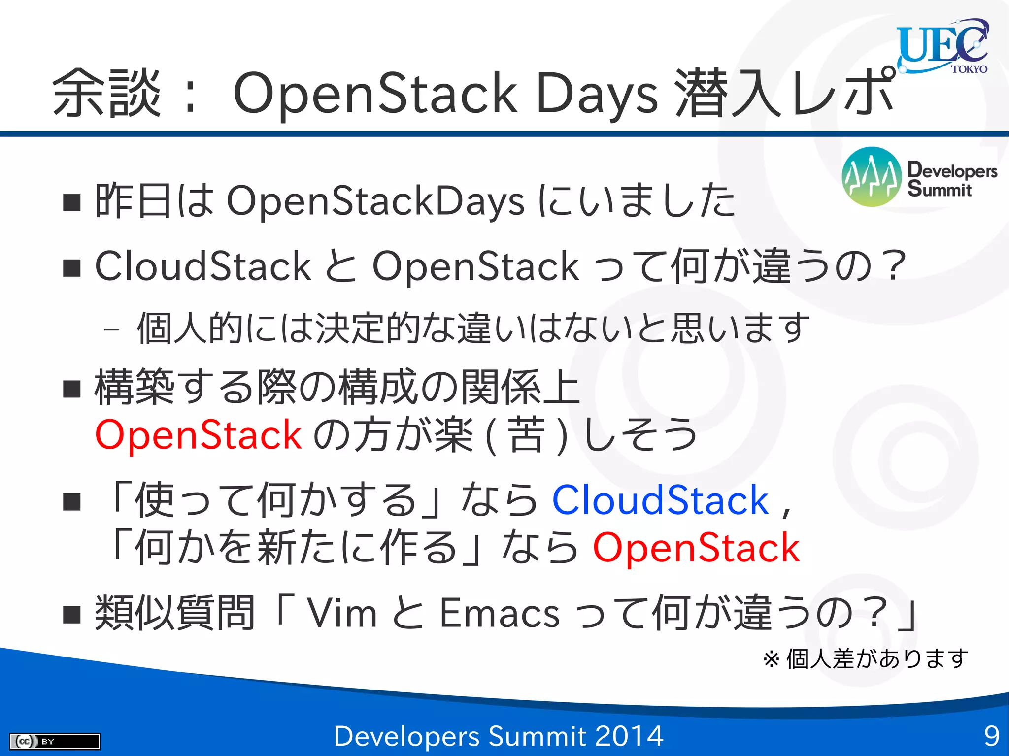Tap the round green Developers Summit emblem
[x=871, y=176]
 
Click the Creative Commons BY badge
[x=54, y=741]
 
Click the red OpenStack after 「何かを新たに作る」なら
[x=696, y=547]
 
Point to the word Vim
[x=342, y=613]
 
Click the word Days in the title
[x=597, y=93]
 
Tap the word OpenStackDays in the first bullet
[x=375, y=201]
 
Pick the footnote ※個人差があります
[x=866, y=658]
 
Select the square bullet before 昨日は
[x=72, y=202]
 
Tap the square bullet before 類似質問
[x=72, y=614]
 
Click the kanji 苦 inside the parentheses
[x=526, y=434]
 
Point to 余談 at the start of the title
[x=107, y=93]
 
